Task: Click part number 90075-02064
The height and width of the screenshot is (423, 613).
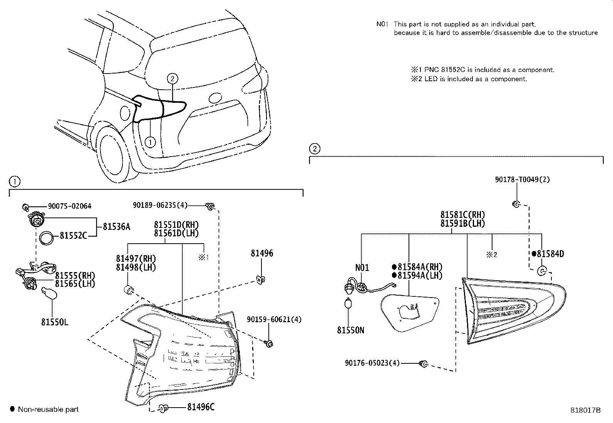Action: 70,206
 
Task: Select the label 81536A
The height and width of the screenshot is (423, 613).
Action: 116,227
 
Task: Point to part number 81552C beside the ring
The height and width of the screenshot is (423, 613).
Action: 73,236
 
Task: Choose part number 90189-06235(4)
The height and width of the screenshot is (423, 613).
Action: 160,206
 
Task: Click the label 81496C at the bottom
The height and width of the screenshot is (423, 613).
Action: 201,407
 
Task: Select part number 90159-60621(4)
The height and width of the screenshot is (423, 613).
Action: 274,319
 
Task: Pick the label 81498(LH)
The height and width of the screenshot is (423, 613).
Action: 136,268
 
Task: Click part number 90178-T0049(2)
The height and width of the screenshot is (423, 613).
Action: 522,180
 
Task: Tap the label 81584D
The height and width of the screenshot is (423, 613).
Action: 550,254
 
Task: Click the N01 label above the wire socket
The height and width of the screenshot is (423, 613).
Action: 362,268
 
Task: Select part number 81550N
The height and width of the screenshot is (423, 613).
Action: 350,330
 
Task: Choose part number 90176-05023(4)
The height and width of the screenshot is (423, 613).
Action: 372,363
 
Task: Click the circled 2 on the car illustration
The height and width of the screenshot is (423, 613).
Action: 173,79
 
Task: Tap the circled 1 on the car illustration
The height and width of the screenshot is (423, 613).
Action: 150,142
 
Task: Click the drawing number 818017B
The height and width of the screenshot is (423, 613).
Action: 585,410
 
